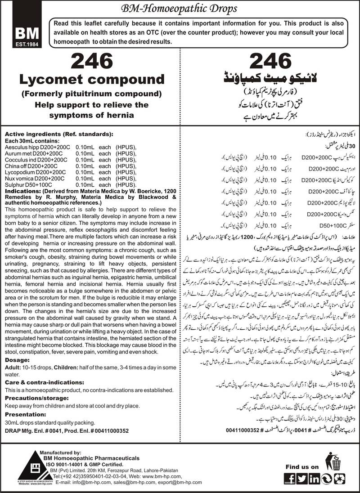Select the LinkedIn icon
(315, 477)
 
